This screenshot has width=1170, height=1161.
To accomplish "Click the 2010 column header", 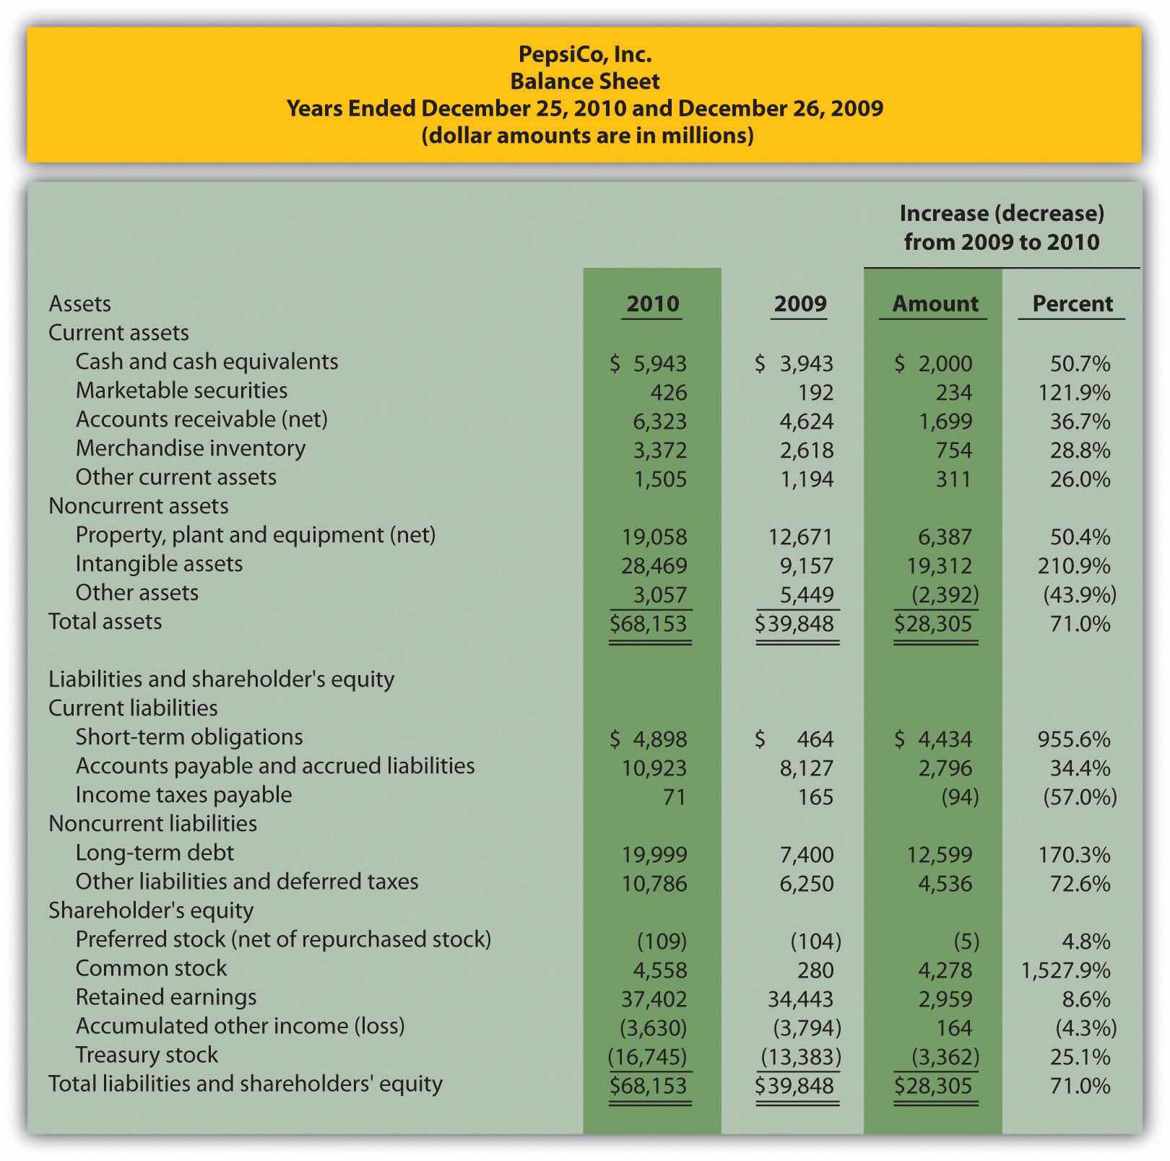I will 653,304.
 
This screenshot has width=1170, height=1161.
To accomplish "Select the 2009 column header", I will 800,304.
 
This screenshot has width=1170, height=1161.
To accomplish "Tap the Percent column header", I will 1072,304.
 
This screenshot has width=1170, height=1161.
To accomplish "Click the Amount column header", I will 935,304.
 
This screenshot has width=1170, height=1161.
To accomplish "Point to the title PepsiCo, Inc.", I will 585,54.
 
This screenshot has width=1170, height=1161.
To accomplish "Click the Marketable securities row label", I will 181,391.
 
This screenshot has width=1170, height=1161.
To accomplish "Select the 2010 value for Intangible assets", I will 654,565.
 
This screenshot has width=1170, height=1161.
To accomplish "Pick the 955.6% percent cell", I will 1074,739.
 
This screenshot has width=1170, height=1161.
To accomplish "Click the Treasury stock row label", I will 147,1055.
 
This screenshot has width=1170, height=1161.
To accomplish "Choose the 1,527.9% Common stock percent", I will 1065,970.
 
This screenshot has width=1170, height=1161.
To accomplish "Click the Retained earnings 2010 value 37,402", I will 654,999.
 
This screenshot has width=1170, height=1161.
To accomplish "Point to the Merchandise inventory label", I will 191,448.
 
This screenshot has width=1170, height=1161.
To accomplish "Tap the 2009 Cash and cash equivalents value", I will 794,364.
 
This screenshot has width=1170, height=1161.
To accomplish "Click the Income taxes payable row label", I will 183,795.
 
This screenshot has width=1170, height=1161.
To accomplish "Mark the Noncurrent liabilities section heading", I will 152,824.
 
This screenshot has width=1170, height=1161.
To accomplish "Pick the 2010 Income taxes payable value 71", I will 674,797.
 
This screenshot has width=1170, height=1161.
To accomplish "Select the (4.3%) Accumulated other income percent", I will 1085,1028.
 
